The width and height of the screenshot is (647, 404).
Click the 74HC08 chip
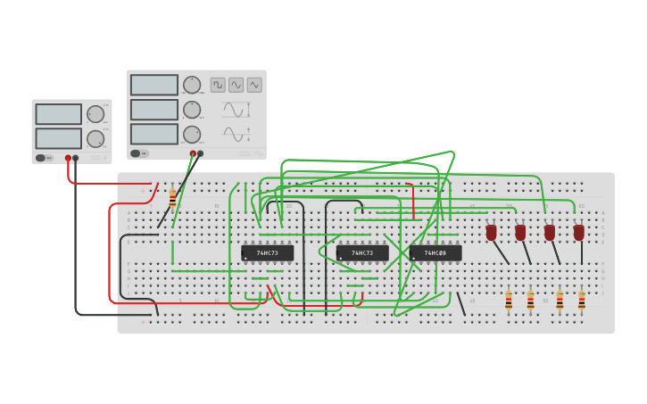coord(435,252)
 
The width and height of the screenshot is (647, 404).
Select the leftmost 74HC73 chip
coord(267,252)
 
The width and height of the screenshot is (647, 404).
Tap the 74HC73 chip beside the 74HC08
coord(362,252)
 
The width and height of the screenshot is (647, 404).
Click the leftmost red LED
coord(491,232)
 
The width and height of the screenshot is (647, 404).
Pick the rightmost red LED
coord(579,232)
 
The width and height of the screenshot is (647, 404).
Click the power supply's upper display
coord(59,114)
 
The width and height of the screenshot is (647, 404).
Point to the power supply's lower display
coord(59,138)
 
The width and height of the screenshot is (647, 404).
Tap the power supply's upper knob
coord(95,114)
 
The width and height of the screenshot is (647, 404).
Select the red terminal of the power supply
coord(68,158)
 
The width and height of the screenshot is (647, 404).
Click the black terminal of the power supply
coord(76,158)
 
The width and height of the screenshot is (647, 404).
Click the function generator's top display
coord(154,85)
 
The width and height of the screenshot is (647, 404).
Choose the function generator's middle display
coord(154,109)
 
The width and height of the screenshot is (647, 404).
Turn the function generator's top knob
coord(192,86)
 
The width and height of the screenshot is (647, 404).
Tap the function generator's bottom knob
coord(192,134)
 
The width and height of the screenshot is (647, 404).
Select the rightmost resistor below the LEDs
coord(581,301)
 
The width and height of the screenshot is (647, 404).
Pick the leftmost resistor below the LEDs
coord(509,301)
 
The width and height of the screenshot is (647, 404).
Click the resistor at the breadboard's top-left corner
coord(172,199)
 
